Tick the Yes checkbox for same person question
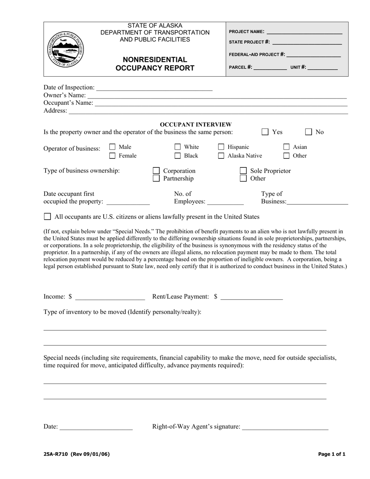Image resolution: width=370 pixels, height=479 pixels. point(265,132)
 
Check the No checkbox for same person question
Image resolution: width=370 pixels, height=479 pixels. point(308,132)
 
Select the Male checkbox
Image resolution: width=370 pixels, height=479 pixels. point(113,147)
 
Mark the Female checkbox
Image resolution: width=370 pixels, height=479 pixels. point(113,156)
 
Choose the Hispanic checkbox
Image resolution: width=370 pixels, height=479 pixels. point(221,147)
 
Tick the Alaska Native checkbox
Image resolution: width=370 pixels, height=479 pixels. point(221,156)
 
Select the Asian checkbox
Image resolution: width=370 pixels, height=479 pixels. point(286,147)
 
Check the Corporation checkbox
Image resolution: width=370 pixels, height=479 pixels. point(156,171)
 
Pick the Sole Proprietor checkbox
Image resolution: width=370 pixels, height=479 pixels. point(243,171)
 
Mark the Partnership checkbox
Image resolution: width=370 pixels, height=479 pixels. point(156,178)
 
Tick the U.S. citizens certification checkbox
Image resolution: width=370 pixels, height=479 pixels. point(48,217)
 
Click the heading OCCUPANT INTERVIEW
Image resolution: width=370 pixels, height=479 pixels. point(196,125)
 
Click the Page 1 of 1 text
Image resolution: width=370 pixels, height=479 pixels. point(331,454)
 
